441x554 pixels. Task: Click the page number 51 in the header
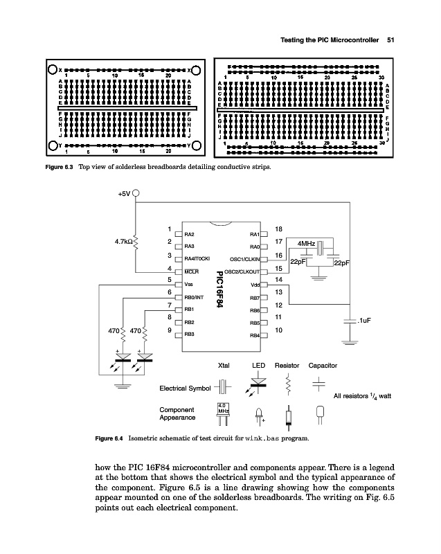pyautogui.click(x=390, y=39)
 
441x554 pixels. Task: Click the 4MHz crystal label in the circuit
pyautogui.click(x=306, y=244)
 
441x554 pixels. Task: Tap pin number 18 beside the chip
pyautogui.click(x=279, y=229)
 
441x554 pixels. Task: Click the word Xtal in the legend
pyautogui.click(x=224, y=364)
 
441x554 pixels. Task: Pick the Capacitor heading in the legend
pyautogui.click(x=323, y=364)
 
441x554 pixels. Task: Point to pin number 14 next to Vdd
pyautogui.click(x=278, y=279)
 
